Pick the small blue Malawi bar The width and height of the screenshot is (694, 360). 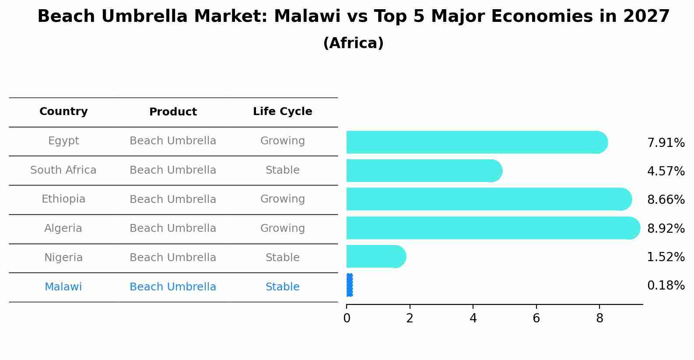click(349, 285)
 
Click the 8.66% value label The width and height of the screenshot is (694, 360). click(666, 200)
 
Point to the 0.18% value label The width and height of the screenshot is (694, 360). click(666, 286)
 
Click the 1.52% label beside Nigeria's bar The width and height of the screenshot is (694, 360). click(666, 257)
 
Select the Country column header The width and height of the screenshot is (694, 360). click(63, 112)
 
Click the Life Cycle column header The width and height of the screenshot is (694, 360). click(282, 112)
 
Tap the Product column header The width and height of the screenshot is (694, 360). click(173, 112)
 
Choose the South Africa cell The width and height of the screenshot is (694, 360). click(63, 170)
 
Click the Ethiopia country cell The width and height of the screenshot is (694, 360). click(63, 199)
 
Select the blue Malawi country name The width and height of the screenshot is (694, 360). click(63, 287)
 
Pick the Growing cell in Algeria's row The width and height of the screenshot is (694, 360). click(282, 228)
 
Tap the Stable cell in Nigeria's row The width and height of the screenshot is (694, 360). click(282, 258)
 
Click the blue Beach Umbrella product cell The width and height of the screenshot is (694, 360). click(173, 287)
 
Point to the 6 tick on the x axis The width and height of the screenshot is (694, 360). click(536, 318)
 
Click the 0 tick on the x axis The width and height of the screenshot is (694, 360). click(347, 318)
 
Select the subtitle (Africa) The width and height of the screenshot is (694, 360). click(353, 43)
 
